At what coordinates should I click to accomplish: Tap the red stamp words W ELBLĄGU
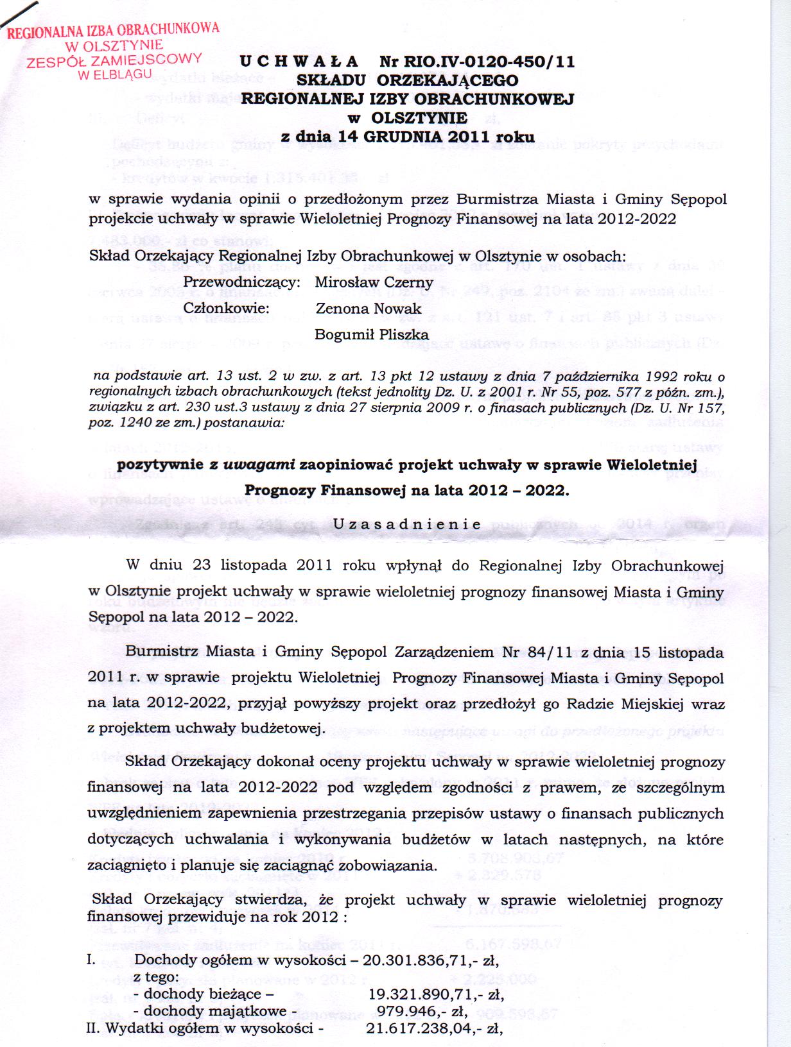(119, 74)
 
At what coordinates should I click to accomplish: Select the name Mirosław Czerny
(374, 282)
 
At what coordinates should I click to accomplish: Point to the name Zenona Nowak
(369, 309)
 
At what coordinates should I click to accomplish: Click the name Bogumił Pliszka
(372, 334)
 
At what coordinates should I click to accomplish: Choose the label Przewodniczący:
(242, 282)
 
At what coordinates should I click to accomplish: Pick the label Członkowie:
(227, 309)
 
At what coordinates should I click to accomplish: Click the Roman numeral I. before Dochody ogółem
(91, 960)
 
